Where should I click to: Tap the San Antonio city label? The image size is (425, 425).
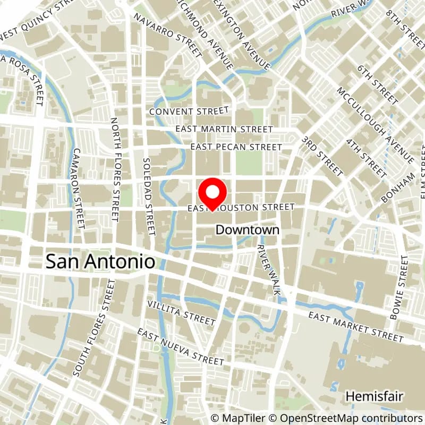pyautogui.click(x=100, y=261)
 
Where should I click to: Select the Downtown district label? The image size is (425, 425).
pyautogui.click(x=247, y=230)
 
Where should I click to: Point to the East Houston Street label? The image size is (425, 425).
pyautogui.click(x=241, y=207)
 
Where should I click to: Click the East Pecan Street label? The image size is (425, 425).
pyautogui.click(x=236, y=147)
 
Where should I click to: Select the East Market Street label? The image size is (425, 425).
pyautogui.click(x=356, y=326)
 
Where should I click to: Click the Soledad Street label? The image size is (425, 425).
pyautogui.click(x=148, y=196)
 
